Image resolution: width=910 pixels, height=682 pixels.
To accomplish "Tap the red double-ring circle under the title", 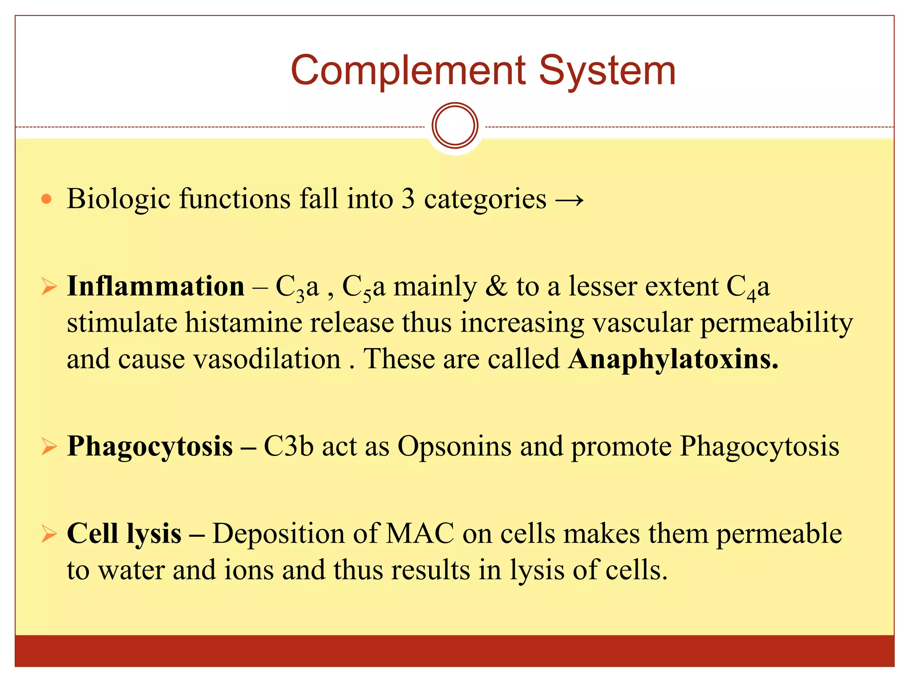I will pos(455,126).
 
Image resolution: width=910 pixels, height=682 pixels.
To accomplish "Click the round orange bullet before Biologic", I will pos(46,198).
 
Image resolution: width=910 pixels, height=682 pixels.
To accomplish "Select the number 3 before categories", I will pos(408,198).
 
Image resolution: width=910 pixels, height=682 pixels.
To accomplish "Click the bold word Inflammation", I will pos(156,286).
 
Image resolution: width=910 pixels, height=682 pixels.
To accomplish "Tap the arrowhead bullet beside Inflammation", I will pos(49,287).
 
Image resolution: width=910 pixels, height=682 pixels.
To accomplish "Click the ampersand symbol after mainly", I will pos(496,286).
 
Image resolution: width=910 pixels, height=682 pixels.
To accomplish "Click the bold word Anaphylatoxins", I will pos(673,359).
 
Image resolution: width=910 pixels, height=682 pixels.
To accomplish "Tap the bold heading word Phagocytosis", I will pos(150,446).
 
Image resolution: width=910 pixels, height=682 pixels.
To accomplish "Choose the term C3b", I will pos(288,446).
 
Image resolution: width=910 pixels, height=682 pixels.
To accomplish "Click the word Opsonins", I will pos(454,446).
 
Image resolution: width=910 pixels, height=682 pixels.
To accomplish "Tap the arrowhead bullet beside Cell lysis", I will pos(49,534).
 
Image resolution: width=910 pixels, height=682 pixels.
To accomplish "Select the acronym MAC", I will pos(420,534).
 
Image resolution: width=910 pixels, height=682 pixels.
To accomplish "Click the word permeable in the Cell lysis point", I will pos(779,534).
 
